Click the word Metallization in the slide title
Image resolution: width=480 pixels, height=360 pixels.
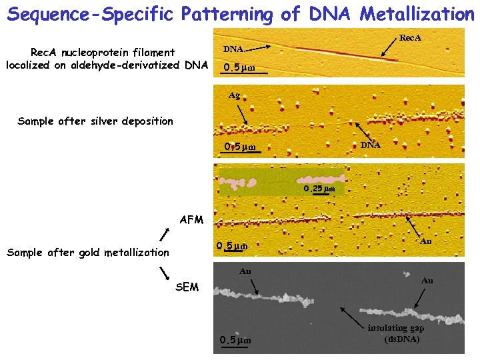[x=415, y=13]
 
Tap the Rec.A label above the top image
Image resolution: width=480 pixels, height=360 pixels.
[x=409, y=38]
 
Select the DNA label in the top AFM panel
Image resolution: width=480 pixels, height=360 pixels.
[x=233, y=49]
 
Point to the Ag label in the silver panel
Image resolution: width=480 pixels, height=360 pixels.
[x=234, y=95]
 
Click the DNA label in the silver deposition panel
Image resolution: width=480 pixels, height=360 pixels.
[x=370, y=145]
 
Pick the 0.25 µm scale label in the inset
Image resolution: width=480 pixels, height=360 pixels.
[x=319, y=189]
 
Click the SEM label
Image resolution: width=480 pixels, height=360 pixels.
[x=187, y=287]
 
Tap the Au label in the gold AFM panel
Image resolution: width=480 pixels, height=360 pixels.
[x=426, y=241]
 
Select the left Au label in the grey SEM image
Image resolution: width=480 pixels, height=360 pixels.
[x=245, y=271]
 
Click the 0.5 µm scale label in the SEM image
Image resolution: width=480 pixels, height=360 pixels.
[x=236, y=341]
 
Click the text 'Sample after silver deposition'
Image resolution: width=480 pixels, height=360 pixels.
[x=95, y=121]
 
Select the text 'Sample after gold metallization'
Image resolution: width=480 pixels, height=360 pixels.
[x=87, y=252]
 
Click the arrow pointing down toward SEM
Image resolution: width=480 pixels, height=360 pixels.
[x=164, y=273]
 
